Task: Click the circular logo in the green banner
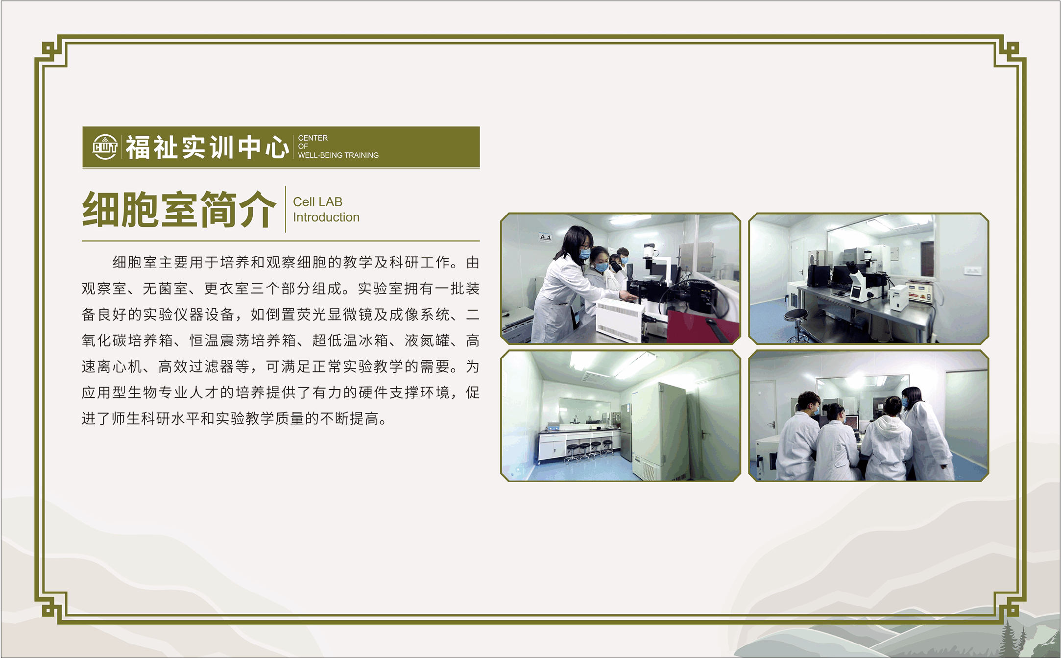[x=105, y=147]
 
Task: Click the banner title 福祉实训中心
[x=207, y=147]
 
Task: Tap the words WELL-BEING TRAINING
[x=338, y=155]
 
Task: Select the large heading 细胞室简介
[x=179, y=209]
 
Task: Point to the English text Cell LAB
[x=317, y=202]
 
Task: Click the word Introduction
[x=326, y=217]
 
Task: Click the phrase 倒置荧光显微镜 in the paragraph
[x=319, y=315]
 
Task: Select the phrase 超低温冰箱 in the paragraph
[x=350, y=341]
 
